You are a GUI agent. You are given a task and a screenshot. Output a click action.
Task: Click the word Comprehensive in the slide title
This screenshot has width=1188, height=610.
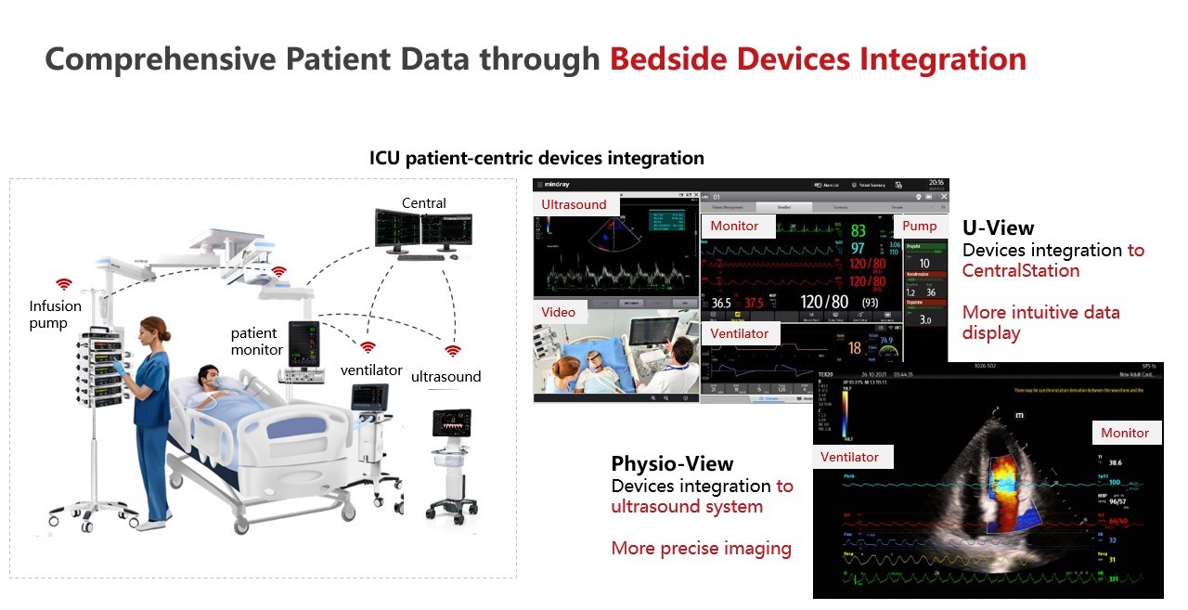click(160, 59)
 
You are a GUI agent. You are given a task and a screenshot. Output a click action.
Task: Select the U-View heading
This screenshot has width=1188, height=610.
click(998, 227)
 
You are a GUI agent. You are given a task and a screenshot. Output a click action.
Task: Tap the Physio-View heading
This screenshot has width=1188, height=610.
click(672, 463)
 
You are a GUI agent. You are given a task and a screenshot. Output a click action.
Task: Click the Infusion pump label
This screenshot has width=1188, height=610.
click(55, 314)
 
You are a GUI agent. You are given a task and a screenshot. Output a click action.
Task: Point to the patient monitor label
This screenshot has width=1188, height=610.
click(256, 342)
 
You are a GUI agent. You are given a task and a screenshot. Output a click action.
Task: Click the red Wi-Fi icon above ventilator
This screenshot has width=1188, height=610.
click(368, 347)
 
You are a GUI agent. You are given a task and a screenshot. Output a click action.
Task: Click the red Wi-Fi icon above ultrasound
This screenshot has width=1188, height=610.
click(452, 352)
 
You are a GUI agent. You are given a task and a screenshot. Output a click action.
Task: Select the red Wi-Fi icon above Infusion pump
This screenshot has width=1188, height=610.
click(63, 284)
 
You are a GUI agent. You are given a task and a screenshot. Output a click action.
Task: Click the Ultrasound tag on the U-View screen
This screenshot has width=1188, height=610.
click(574, 204)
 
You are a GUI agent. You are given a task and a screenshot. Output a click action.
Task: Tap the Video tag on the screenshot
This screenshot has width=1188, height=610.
click(559, 312)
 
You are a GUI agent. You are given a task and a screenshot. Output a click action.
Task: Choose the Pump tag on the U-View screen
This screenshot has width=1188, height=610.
click(919, 226)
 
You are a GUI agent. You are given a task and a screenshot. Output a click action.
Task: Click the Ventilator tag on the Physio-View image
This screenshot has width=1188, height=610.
click(849, 457)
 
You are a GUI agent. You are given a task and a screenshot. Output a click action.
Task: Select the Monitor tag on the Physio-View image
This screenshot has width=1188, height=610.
click(1125, 433)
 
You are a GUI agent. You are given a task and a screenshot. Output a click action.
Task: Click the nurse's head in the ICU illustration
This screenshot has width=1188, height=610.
click(153, 330)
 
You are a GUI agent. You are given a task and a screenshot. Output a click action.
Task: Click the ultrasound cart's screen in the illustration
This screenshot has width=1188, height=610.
click(452, 424)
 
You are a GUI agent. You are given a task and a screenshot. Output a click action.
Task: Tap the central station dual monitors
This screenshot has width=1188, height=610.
click(422, 227)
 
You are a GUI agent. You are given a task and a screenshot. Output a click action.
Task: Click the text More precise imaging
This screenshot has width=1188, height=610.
click(701, 549)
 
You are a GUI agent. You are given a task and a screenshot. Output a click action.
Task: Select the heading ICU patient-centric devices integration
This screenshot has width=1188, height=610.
click(536, 158)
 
